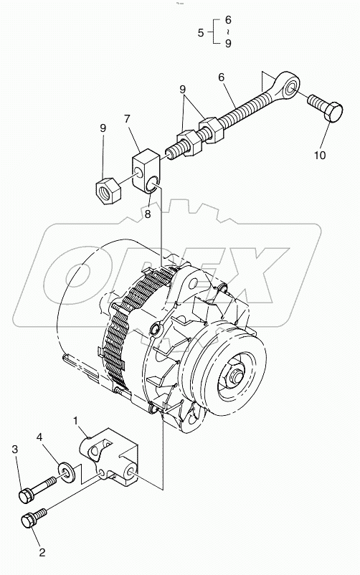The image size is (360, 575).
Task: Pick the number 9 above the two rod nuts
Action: (x=183, y=92)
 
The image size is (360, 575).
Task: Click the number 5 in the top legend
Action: (x=201, y=32)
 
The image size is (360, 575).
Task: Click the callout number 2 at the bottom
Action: (x=42, y=552)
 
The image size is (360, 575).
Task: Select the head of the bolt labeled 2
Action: (x=32, y=522)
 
